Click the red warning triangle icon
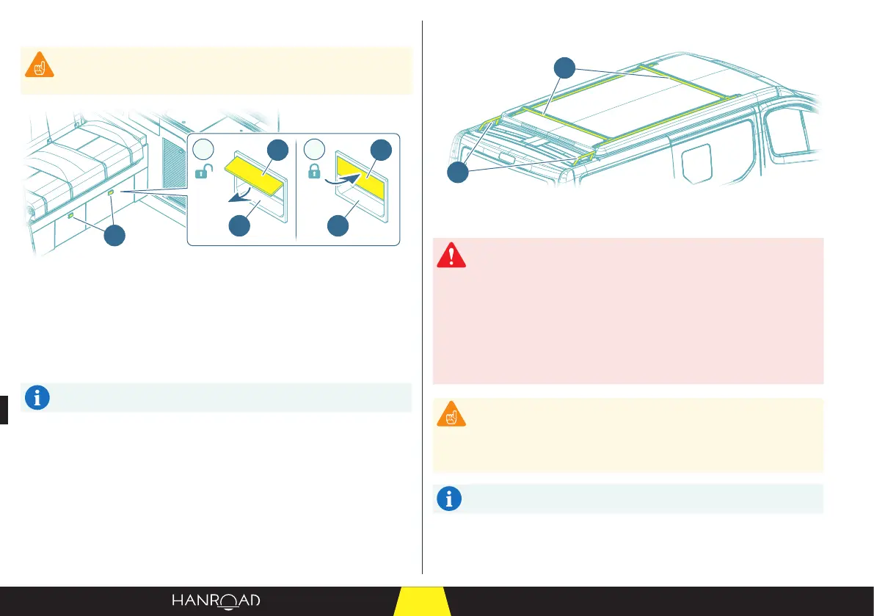(x=451, y=256)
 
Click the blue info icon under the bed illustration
(x=37, y=397)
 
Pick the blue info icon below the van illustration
(x=449, y=499)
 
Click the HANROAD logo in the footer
(x=216, y=601)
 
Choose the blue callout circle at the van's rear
(x=459, y=174)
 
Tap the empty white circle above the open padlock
(x=205, y=149)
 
